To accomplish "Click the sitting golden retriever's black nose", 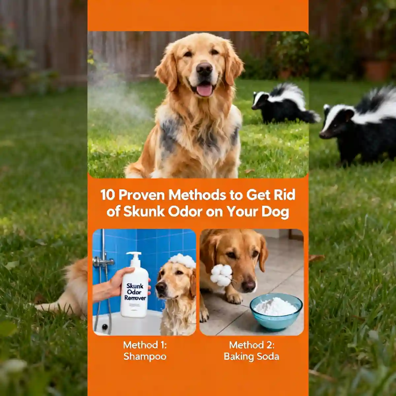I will (204, 69).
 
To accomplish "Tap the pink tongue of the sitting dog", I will (205, 90).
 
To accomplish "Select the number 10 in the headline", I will (108, 195).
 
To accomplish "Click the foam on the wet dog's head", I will (182, 261).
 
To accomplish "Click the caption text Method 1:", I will (145, 345).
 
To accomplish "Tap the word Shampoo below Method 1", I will (145, 357).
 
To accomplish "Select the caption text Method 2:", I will (251, 345).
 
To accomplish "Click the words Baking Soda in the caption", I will (251, 357).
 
